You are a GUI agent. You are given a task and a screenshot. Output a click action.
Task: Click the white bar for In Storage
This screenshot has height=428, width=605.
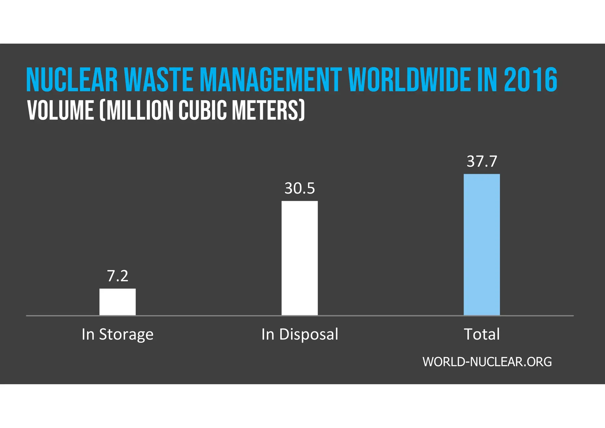click(x=117, y=302)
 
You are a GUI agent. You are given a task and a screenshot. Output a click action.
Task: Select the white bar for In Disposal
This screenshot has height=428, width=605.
click(x=300, y=258)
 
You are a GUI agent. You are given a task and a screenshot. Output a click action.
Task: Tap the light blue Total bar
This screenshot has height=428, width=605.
click(x=482, y=245)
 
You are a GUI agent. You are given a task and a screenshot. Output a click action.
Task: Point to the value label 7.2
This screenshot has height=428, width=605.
click(x=118, y=276)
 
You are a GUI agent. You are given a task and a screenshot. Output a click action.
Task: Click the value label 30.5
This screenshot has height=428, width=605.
click(x=300, y=188)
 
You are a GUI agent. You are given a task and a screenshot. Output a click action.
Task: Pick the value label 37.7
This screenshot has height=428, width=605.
click(x=482, y=161)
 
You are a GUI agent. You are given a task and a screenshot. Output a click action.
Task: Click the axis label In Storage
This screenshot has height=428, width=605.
click(x=118, y=334)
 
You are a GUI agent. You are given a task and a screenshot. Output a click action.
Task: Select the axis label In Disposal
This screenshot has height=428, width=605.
click(x=300, y=334)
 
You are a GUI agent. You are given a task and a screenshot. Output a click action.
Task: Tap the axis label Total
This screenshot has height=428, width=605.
click(x=482, y=334)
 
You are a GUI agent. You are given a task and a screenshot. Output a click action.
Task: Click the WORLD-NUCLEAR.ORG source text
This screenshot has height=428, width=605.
click(x=487, y=362)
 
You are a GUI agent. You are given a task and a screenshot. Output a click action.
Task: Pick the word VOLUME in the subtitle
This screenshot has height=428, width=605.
click(x=61, y=111)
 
